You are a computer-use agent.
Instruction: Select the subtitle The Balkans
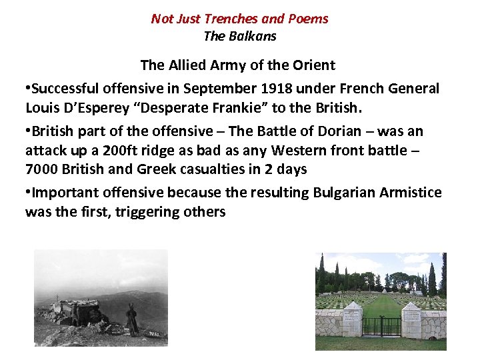tap(239, 36)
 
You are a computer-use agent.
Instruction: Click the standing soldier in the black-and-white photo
tap(133, 321)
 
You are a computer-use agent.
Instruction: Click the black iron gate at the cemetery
tap(382, 326)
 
